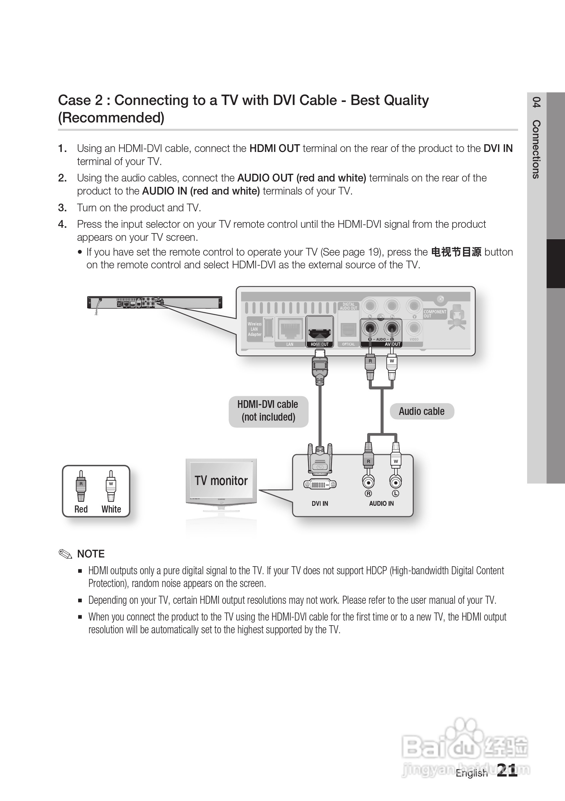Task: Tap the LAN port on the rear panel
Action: point(289,329)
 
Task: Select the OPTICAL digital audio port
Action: point(348,330)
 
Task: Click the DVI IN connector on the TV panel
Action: point(320,484)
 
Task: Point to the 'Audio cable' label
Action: point(422,411)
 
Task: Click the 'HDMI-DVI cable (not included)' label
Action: point(268,411)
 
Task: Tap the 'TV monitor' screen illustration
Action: point(221,480)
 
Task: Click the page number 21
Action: point(507,770)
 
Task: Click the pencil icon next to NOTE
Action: point(65,554)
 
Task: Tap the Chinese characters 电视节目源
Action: point(456,252)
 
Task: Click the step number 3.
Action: point(62,208)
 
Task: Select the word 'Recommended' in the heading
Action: point(111,118)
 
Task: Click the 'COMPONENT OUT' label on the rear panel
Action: point(435,314)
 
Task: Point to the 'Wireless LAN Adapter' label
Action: point(255,329)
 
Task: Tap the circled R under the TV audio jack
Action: point(368,493)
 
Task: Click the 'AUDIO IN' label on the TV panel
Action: point(381,503)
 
